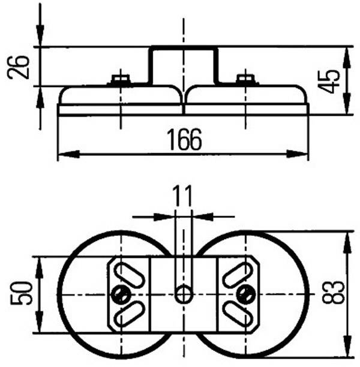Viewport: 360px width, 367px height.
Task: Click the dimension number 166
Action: pos(184,140)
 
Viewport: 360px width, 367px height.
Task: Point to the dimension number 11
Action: pos(182,196)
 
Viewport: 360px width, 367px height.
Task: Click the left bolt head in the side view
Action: pos(121,79)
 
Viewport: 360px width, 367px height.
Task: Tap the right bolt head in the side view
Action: pos(245,79)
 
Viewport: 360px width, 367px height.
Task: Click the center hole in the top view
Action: pos(184,294)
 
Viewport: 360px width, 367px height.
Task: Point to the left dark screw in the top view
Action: pos(121,293)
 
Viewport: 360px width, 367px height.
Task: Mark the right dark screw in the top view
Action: pos(244,293)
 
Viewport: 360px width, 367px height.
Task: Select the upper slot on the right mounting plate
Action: pos(236,274)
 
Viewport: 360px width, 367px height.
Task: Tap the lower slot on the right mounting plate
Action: pos(236,312)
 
